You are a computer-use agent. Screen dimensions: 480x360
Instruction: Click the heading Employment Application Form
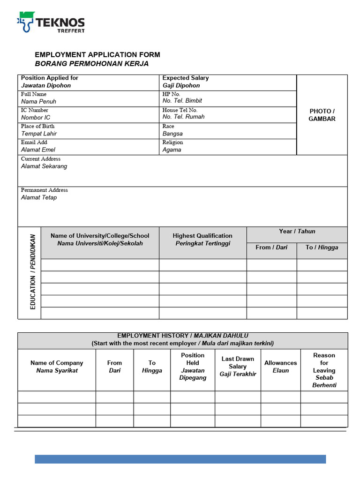[97, 55]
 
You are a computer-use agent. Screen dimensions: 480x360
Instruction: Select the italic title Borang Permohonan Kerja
[91, 64]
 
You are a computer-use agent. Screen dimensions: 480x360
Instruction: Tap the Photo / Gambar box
[322, 115]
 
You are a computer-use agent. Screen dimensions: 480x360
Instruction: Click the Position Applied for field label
[50, 78]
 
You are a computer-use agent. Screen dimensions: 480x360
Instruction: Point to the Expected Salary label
[185, 78]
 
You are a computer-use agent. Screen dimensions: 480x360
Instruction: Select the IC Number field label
[35, 110]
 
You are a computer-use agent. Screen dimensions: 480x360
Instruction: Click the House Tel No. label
[180, 110]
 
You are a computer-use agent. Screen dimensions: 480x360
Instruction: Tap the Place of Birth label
[37, 126]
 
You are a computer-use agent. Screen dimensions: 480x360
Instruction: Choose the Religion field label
[172, 142]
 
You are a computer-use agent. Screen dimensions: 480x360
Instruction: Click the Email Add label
[34, 142]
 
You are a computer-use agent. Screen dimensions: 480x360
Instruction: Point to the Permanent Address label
[45, 190]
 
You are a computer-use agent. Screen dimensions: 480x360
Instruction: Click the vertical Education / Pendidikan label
[33, 272]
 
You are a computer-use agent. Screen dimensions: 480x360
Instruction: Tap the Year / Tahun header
[297, 232]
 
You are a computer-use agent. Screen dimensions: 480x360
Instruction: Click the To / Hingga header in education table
[322, 247]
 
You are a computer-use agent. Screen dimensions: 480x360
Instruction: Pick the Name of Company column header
[57, 367]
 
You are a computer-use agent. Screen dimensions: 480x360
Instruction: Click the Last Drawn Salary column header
[238, 366]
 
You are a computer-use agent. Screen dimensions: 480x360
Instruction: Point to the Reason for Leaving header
[324, 370]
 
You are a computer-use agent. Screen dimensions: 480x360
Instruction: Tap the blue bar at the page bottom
[180, 459]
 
